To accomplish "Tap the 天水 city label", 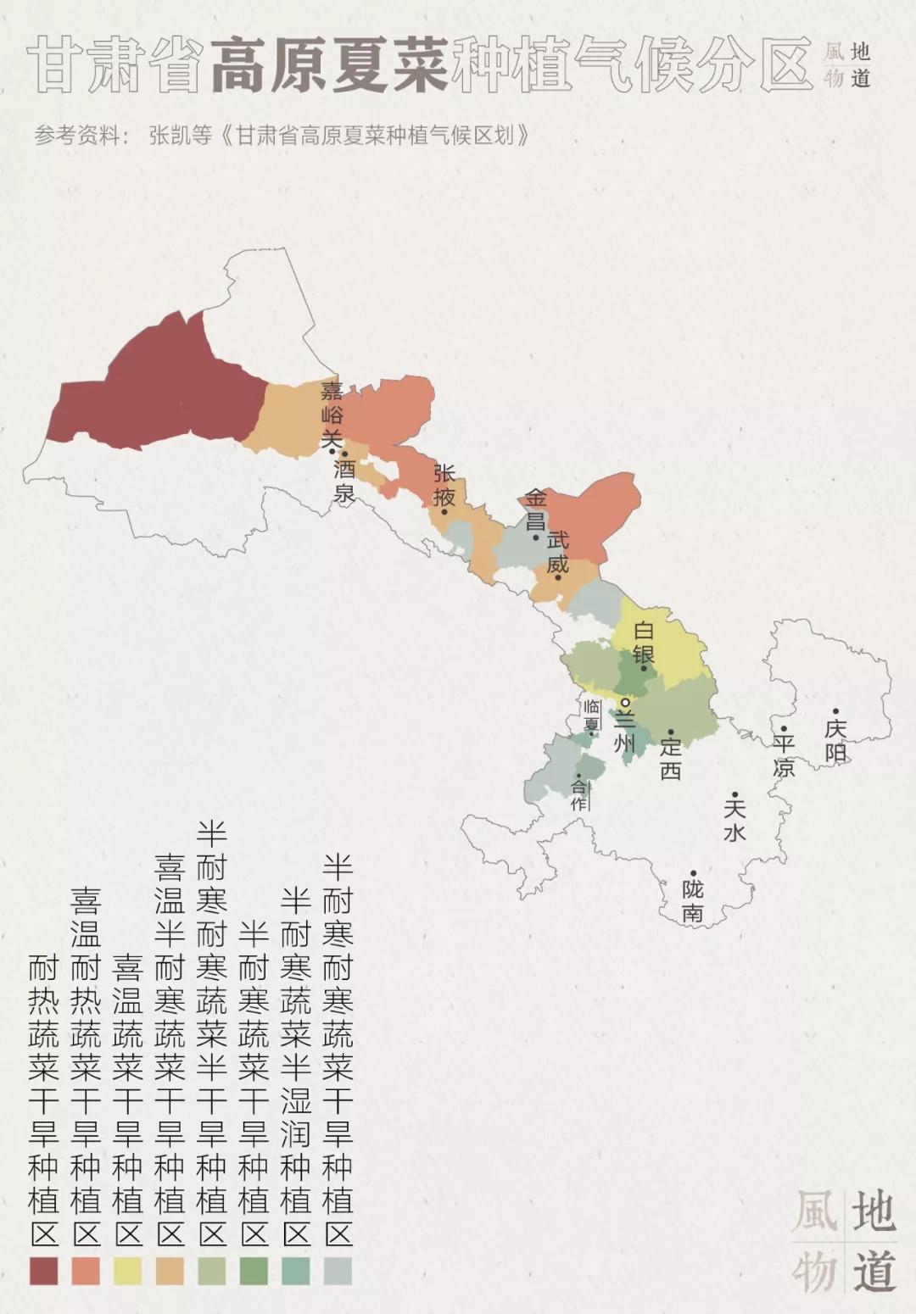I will click(x=734, y=819).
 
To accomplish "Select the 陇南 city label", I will click(x=693, y=900).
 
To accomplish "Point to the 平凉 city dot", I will click(x=784, y=728).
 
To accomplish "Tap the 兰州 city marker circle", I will click(x=625, y=703).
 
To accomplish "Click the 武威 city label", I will click(x=558, y=551).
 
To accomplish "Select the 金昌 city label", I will click(x=535, y=509).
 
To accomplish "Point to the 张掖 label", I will click(x=444, y=484).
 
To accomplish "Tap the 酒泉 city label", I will click(x=344, y=481).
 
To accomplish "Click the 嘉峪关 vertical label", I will click(x=332, y=415).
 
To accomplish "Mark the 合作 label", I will click(x=579, y=794).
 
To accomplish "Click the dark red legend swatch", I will click(x=44, y=1271).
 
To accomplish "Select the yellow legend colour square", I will click(x=127, y=1271).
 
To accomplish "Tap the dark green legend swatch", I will click(x=254, y=1271).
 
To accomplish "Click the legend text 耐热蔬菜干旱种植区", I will click(x=44, y=1098).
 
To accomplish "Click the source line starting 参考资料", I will click(x=282, y=136).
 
